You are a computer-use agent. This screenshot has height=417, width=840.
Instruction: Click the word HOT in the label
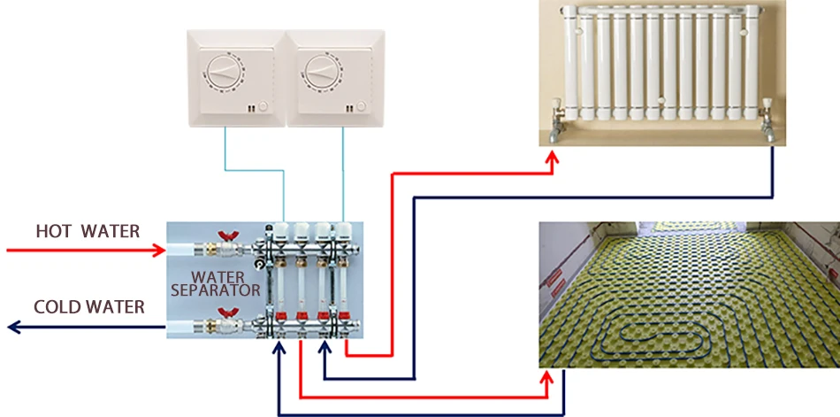(52, 231)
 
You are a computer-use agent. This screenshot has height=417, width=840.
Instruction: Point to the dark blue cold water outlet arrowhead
(14, 327)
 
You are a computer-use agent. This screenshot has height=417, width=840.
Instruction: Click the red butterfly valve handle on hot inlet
(224, 236)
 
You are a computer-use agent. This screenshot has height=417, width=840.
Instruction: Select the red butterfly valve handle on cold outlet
(224, 313)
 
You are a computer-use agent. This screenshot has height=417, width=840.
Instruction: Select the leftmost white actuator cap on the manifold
(281, 232)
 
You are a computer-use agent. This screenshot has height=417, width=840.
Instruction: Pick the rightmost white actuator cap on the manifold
(342, 232)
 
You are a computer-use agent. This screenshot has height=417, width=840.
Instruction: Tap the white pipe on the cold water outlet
(181, 326)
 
